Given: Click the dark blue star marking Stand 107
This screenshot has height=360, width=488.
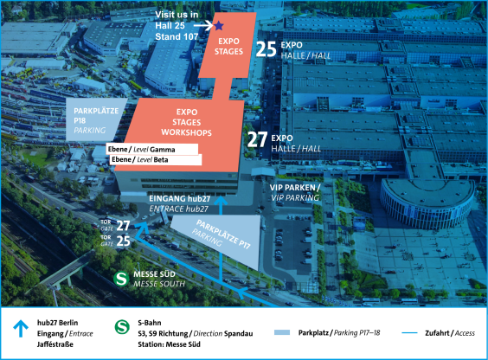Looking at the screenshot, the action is click(x=219, y=25).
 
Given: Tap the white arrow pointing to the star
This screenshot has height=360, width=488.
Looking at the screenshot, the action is click(x=203, y=25).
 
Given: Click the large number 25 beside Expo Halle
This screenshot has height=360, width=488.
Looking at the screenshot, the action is click(x=266, y=49).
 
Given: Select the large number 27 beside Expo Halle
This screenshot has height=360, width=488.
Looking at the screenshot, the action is click(x=257, y=139).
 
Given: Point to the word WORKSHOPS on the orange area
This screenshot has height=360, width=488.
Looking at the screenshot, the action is click(x=186, y=132).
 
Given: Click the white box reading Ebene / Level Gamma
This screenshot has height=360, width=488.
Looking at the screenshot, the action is click(x=152, y=149).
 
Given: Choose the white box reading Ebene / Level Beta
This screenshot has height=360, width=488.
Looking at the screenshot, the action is click(x=156, y=159).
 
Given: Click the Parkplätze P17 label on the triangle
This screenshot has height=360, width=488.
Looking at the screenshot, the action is click(x=223, y=235).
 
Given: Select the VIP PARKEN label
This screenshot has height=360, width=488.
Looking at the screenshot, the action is click(x=294, y=188).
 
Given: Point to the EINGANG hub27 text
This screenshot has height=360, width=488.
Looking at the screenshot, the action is click(x=180, y=198).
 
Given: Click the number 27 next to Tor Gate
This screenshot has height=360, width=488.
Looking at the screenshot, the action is click(x=123, y=226).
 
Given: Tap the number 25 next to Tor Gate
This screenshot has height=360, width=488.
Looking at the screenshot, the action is click(x=123, y=241).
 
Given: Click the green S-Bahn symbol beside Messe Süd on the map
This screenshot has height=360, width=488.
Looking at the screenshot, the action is click(x=121, y=279).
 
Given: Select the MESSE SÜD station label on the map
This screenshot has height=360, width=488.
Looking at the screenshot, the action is click(x=154, y=274).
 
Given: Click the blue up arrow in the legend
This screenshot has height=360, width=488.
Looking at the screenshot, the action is click(x=21, y=329).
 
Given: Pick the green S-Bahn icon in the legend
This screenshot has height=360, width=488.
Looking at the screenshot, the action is click(x=122, y=327).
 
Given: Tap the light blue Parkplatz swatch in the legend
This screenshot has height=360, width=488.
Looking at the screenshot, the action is click(x=282, y=332).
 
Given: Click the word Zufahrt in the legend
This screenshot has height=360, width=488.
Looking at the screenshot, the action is click(x=437, y=333).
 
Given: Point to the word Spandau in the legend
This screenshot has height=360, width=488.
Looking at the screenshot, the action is click(x=239, y=334).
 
